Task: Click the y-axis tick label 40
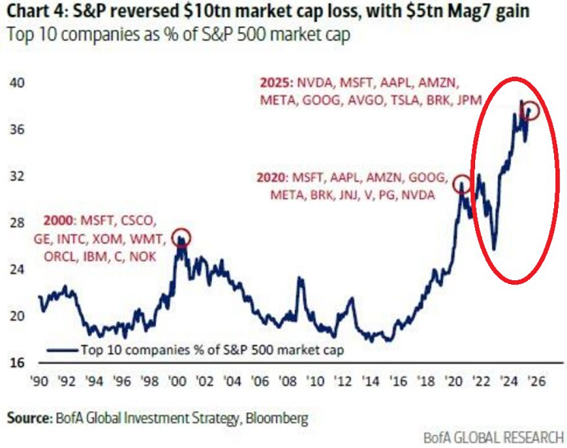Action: click(x=16, y=82)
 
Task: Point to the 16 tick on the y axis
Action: click(x=16, y=362)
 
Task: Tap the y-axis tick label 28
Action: click(x=16, y=222)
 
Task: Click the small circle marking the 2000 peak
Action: click(x=181, y=238)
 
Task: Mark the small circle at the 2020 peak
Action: click(x=461, y=185)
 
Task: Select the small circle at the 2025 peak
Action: click(x=531, y=111)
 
